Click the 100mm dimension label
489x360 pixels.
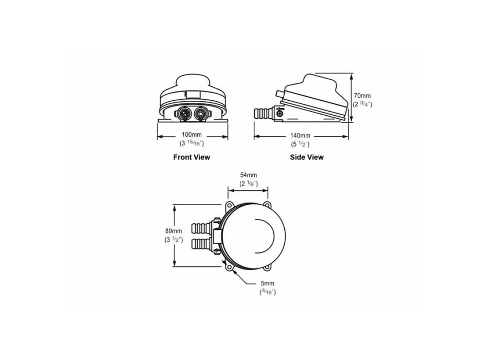pyautogui.click(x=192, y=135)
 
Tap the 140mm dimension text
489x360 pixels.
pyautogui.click(x=300, y=136)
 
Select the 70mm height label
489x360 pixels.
pyautogui.click(x=362, y=96)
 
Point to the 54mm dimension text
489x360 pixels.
pyautogui.click(x=249, y=175)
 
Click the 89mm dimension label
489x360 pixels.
pyautogui.click(x=173, y=231)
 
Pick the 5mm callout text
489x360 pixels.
pyautogui.click(x=268, y=283)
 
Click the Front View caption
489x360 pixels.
pyautogui.click(x=192, y=157)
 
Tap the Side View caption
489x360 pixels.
pyautogui.click(x=307, y=157)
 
